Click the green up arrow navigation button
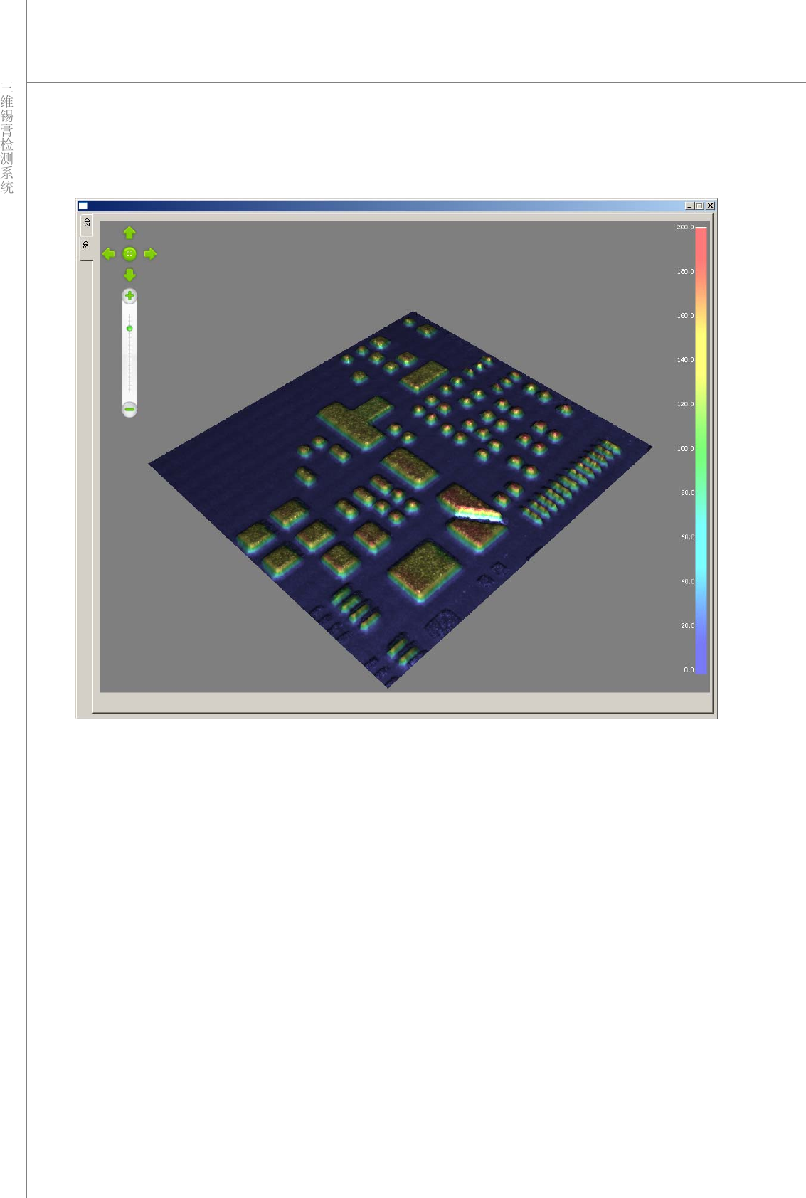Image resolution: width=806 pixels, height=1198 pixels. pos(129,233)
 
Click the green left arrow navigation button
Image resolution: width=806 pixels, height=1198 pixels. pos(109,254)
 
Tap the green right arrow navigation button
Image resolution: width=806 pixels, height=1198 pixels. pos(150,254)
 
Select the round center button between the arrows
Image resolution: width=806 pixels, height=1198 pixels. pos(129,254)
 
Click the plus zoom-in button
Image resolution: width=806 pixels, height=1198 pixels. pos(129,296)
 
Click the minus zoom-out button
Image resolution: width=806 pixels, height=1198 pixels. pos(129,409)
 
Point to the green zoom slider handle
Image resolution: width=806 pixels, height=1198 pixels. pos(129,329)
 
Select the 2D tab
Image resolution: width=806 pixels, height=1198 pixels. pos(87,223)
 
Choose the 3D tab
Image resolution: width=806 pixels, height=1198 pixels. pos(86,245)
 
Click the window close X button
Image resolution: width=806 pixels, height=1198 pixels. pos(710,206)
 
